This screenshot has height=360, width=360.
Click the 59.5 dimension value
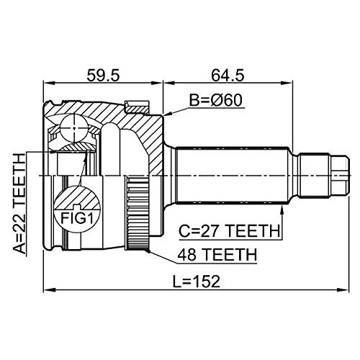[103, 75]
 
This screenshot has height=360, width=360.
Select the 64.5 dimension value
[228, 75]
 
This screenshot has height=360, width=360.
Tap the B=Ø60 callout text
[216, 100]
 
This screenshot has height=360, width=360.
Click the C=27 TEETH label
[230, 231]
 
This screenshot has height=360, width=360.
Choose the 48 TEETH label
[217, 255]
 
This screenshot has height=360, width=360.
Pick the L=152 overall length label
[197, 282]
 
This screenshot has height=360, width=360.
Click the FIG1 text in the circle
[76, 218]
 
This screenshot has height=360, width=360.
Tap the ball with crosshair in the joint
[74, 128]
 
